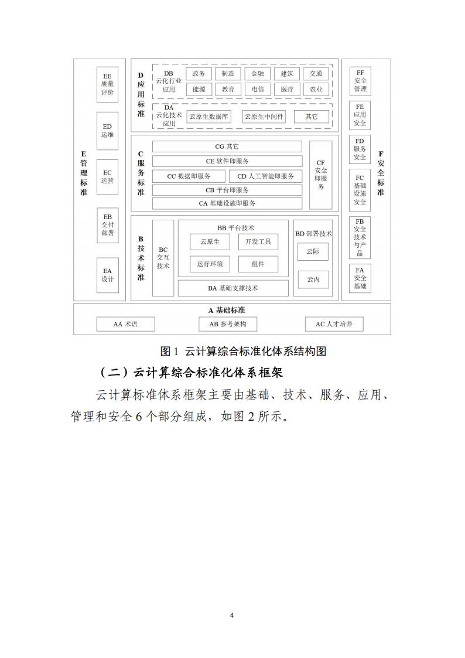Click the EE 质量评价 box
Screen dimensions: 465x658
pyautogui.click(x=107, y=84)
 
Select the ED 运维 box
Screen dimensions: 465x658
pyautogui.click(x=107, y=131)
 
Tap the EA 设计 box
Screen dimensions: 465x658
pyautogui.click(x=107, y=275)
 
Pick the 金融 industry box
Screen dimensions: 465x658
pyautogui.click(x=258, y=73)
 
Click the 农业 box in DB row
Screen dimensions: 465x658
pyautogui.click(x=316, y=90)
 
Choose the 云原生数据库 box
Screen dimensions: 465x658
pyautogui.click(x=209, y=117)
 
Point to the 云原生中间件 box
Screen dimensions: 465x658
pyautogui.click(x=264, y=117)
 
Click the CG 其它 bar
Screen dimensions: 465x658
pyautogui.click(x=227, y=146)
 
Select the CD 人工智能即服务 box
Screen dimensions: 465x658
pyautogui.click(x=266, y=176)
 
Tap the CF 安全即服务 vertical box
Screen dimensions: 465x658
pyautogui.click(x=321, y=175)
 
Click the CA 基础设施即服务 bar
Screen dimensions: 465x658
pyautogui.click(x=227, y=203)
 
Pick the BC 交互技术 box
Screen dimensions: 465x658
pyautogui.click(x=163, y=258)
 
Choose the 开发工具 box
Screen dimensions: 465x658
pyautogui.click(x=258, y=242)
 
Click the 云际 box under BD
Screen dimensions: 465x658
pyautogui.click(x=313, y=251)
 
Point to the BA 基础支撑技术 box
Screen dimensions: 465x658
pyautogui.click(x=233, y=288)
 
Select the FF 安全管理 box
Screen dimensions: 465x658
pyautogui.click(x=360, y=81)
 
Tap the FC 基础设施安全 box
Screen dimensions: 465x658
pyautogui.click(x=360, y=190)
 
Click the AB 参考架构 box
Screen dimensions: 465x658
pyautogui.click(x=228, y=324)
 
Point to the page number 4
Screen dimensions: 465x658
pyautogui.click(x=232, y=616)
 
